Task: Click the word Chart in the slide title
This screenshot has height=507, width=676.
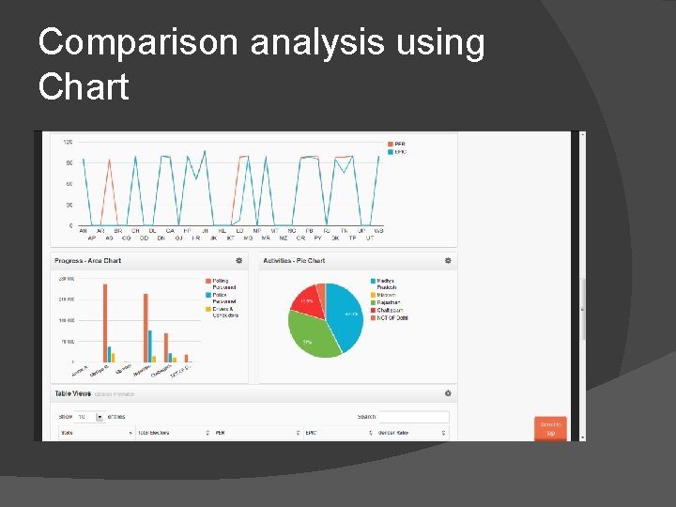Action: [84, 87]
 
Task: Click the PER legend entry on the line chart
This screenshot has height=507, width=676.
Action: [399, 144]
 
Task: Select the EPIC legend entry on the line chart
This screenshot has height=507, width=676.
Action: [399, 151]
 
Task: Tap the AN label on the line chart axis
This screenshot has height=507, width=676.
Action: [83, 231]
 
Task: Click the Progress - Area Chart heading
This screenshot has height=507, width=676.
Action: [88, 260]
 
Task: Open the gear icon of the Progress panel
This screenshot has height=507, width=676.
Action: [239, 260]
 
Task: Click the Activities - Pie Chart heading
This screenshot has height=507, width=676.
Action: [294, 260]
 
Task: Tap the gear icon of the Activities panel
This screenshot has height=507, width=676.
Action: [448, 260]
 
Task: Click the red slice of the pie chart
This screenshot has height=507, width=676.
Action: [306, 300]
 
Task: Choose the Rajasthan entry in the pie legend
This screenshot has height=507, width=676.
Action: [387, 302]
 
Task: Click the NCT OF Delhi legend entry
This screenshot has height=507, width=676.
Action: [392, 318]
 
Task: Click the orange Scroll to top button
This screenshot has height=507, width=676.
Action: [550, 428]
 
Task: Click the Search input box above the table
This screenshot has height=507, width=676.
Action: [413, 417]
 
